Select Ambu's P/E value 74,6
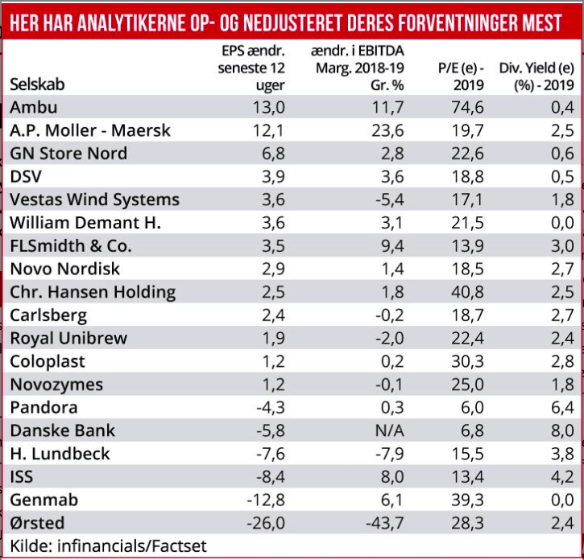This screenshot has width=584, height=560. [x=466, y=107]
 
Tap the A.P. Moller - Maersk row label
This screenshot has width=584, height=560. [x=90, y=130]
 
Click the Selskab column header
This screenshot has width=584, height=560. [x=37, y=84]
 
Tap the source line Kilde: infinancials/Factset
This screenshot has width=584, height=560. [x=108, y=546]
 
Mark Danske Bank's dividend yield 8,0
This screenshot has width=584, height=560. [x=559, y=430]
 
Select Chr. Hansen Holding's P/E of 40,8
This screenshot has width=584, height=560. [x=466, y=292]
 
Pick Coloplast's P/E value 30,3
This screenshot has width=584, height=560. [x=466, y=361]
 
